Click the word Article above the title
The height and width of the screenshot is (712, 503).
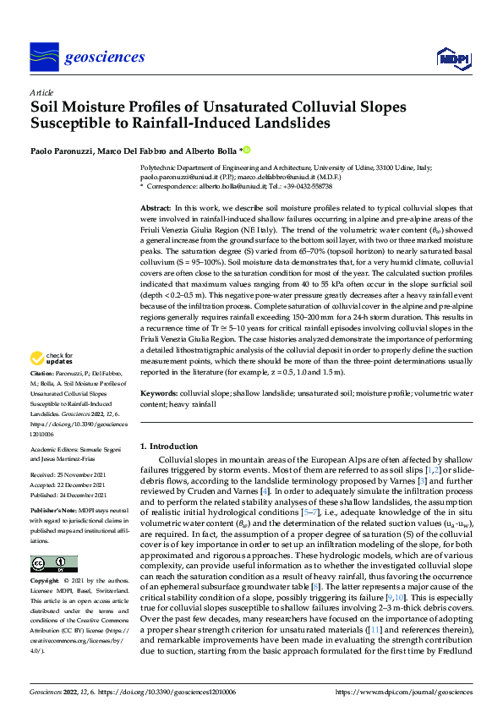click(41, 92)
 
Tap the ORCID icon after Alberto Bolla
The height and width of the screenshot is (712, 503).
click(248, 151)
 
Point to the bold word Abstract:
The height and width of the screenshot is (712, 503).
click(155, 208)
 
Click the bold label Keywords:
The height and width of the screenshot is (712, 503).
click(158, 394)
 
